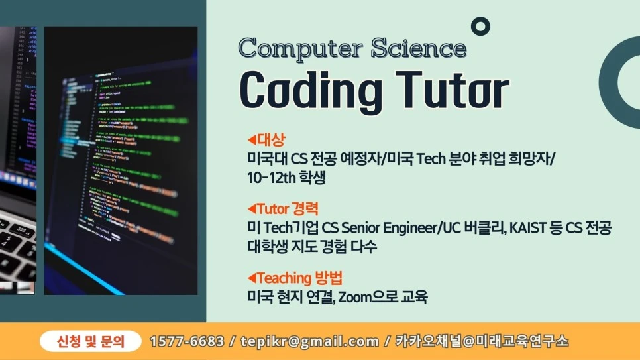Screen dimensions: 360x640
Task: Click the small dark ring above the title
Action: point(480,27)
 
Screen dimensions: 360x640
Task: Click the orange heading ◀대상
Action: point(266,140)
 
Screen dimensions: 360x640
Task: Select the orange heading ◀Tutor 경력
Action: point(283,210)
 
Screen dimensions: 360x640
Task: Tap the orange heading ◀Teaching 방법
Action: point(294,278)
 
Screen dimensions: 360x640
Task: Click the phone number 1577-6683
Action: point(187,341)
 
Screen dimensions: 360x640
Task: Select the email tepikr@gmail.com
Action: point(311,341)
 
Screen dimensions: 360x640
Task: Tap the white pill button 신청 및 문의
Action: point(91,341)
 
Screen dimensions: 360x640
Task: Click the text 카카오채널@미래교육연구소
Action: point(482,341)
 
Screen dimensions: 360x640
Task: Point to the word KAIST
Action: point(529,228)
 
